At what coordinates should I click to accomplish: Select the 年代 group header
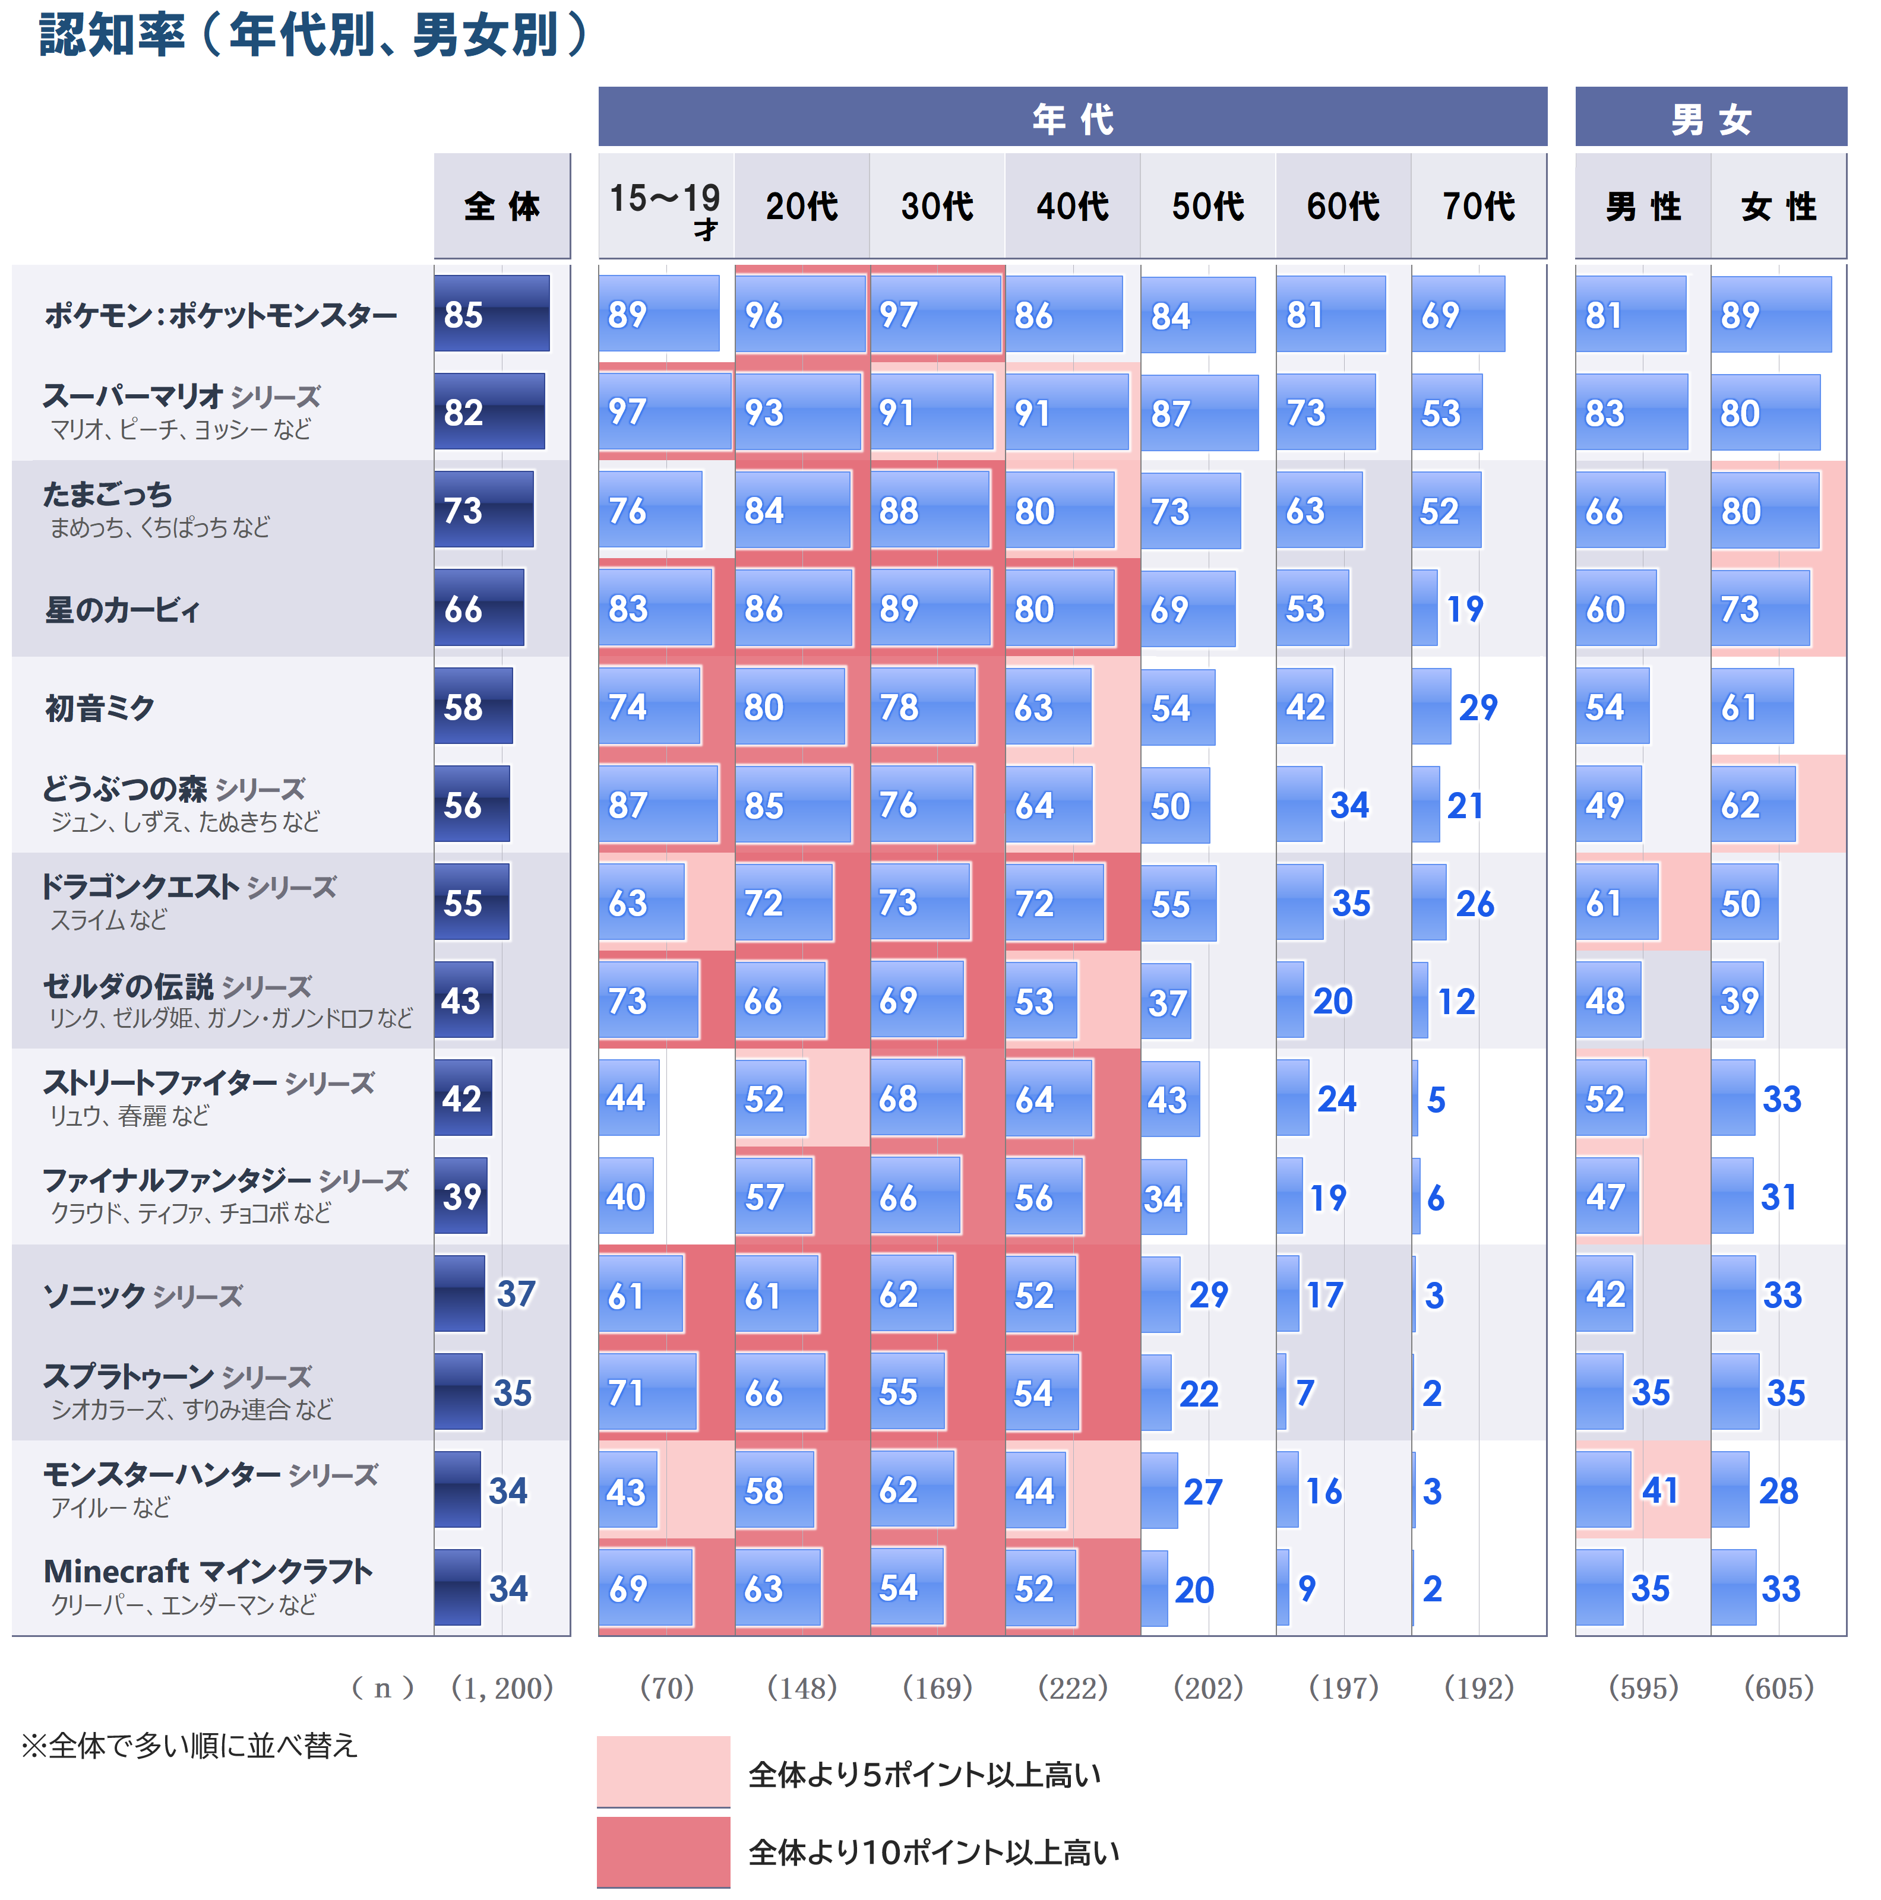click(x=1071, y=118)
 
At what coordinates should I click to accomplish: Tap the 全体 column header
click(x=502, y=207)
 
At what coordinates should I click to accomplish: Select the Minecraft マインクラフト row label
click(x=207, y=1572)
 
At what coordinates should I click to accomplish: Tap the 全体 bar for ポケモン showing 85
click(x=491, y=313)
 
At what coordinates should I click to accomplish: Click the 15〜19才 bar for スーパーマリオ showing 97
click(x=664, y=411)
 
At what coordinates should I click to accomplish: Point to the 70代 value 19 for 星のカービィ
click(x=1464, y=609)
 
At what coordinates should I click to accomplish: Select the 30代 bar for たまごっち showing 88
click(x=929, y=509)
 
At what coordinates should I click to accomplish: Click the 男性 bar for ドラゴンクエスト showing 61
click(x=1616, y=902)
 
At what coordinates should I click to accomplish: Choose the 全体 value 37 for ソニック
click(x=516, y=1294)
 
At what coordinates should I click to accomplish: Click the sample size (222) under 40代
click(x=1072, y=1687)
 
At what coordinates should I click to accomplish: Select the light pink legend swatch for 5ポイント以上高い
click(x=663, y=1770)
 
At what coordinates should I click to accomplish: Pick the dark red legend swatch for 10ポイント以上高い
click(x=663, y=1851)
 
